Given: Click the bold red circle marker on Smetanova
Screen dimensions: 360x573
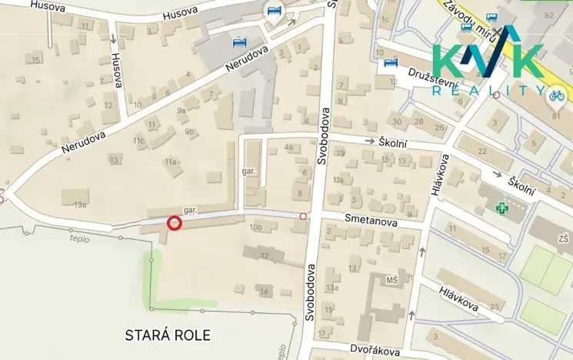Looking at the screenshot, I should pyautogui.click(x=174, y=223).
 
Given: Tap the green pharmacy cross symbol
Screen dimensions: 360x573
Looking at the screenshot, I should pyautogui.click(x=501, y=208).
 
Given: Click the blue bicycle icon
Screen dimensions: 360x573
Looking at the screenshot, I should pyautogui.click(x=555, y=95).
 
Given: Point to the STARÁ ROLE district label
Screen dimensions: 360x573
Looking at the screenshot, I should pyautogui.click(x=167, y=335).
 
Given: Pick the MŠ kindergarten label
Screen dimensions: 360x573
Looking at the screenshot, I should pyautogui.click(x=392, y=279).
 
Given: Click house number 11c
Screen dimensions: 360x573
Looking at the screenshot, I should pyautogui.click(x=138, y=141).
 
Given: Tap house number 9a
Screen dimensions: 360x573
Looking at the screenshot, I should pyautogui.click(x=182, y=111).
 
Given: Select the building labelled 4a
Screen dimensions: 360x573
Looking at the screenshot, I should pyautogui.click(x=289, y=147).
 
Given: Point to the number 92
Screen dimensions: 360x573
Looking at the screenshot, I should pyautogui.click(x=548, y=15).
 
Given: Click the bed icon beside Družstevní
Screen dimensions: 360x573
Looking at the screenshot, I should pyautogui.click(x=390, y=62).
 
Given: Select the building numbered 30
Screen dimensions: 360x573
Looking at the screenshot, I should pyautogui.click(x=397, y=121).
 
